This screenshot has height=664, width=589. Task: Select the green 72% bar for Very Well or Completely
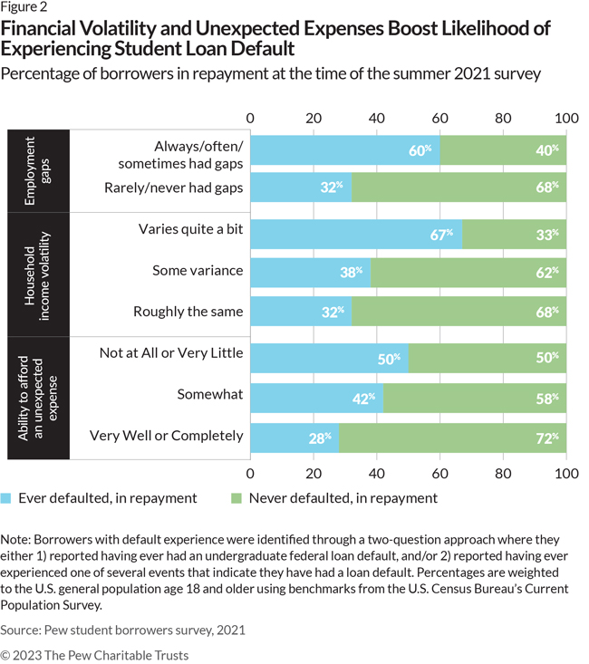(x=453, y=437)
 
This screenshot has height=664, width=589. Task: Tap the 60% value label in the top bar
(x=419, y=150)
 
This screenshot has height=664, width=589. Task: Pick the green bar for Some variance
(x=468, y=271)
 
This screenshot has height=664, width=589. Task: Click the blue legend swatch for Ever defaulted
(x=9, y=497)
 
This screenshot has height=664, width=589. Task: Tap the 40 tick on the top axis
(x=377, y=119)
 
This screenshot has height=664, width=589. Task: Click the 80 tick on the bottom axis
(x=504, y=472)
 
